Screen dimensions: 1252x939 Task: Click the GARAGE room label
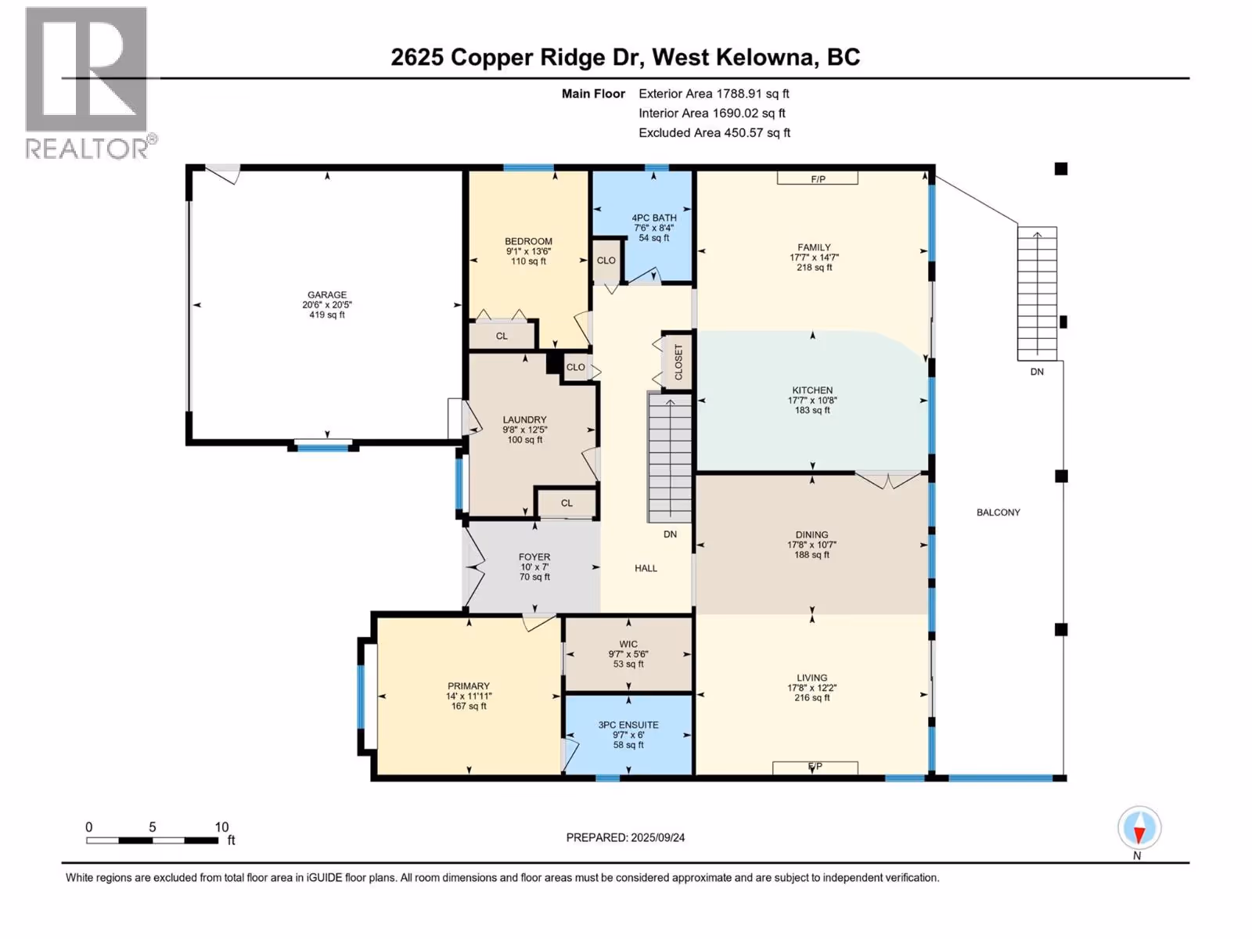[x=327, y=295]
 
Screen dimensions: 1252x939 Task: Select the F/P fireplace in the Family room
[x=818, y=178]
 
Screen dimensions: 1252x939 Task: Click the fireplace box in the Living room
[x=815, y=768]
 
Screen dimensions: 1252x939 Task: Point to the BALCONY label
[x=998, y=513]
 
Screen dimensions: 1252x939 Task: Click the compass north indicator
[x=1139, y=829]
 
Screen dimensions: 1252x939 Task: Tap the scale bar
[x=153, y=840]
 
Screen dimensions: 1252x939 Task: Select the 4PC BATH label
[x=653, y=218]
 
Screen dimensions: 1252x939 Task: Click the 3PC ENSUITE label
[x=628, y=725]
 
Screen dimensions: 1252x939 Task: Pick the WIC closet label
[x=628, y=644]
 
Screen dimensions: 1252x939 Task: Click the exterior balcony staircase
[x=1037, y=293]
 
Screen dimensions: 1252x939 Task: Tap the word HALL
[x=646, y=568]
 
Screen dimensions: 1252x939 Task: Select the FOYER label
[x=534, y=557]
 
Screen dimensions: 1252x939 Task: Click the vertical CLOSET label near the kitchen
[x=678, y=362]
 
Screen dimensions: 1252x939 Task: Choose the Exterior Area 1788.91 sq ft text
[x=714, y=93]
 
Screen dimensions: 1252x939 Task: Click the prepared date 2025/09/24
[x=657, y=837]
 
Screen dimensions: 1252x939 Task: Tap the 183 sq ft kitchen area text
[x=812, y=410]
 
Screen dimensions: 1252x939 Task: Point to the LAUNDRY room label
[x=524, y=419]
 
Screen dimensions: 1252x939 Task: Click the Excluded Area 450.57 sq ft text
[x=714, y=133]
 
